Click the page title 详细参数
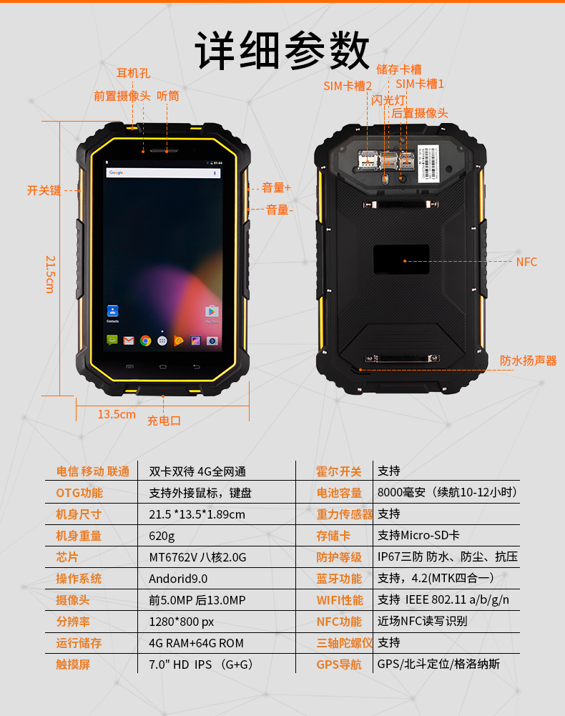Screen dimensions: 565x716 coord(282,50)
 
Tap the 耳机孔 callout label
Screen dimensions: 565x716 coord(133,73)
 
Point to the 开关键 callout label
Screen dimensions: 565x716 coord(44,190)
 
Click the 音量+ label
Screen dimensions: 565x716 coord(276,187)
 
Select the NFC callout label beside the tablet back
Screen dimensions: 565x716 coord(526,262)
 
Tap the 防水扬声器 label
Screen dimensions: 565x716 coord(528,361)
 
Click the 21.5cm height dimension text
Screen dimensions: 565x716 coord(50,274)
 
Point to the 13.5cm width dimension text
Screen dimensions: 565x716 coord(117,414)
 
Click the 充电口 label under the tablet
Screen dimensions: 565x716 coord(164,421)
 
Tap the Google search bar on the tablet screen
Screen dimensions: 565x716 coord(164,172)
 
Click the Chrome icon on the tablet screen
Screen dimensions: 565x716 coord(146,340)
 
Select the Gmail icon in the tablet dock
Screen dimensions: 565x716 coord(129,340)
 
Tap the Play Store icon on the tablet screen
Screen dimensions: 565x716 coord(212,311)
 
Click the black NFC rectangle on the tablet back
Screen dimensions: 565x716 coord(401,260)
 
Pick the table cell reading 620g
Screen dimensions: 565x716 coord(162,536)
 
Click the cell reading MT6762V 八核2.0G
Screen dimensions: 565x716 coord(198,557)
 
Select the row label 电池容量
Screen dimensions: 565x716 coord(339,493)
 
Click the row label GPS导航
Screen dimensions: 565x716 coord(339,664)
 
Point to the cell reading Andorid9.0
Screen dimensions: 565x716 coord(178,579)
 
